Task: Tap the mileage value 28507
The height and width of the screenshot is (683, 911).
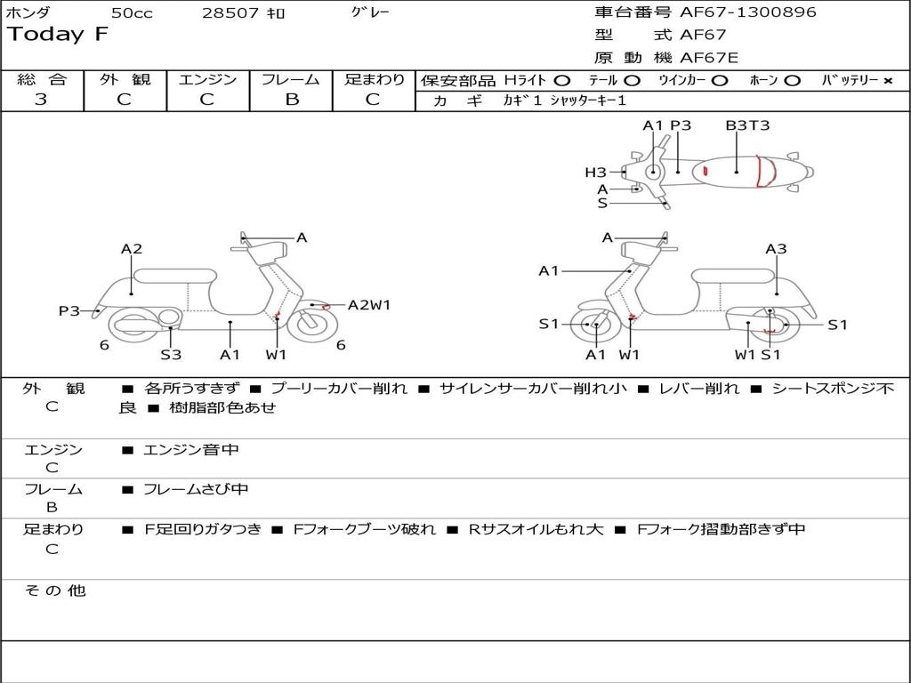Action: pyautogui.click(x=230, y=13)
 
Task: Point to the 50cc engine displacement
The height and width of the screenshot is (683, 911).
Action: pyautogui.click(x=132, y=13)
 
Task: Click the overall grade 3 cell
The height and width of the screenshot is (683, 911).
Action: pyautogui.click(x=41, y=100)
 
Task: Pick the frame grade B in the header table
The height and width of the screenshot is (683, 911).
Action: pyautogui.click(x=291, y=100)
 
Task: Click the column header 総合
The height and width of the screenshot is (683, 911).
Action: pyautogui.click(x=42, y=79)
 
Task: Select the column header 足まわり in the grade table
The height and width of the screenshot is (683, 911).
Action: pyautogui.click(x=374, y=79)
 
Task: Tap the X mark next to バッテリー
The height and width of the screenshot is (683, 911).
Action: pyautogui.click(x=887, y=81)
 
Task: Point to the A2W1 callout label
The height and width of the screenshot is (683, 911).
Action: pyautogui.click(x=368, y=305)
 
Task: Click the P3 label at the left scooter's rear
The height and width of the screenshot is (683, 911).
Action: pyautogui.click(x=69, y=311)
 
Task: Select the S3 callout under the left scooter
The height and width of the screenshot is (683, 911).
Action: pyautogui.click(x=171, y=355)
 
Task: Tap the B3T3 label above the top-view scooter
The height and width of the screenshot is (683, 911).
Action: pyautogui.click(x=747, y=125)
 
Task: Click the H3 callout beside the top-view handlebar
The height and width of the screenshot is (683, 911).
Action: pyautogui.click(x=595, y=173)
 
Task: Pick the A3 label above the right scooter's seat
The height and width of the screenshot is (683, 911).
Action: pyautogui.click(x=776, y=249)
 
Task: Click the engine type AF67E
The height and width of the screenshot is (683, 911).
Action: pyautogui.click(x=708, y=58)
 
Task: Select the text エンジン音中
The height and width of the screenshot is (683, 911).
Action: pyautogui.click(x=191, y=450)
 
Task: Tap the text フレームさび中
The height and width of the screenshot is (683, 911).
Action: pyautogui.click(x=196, y=489)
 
